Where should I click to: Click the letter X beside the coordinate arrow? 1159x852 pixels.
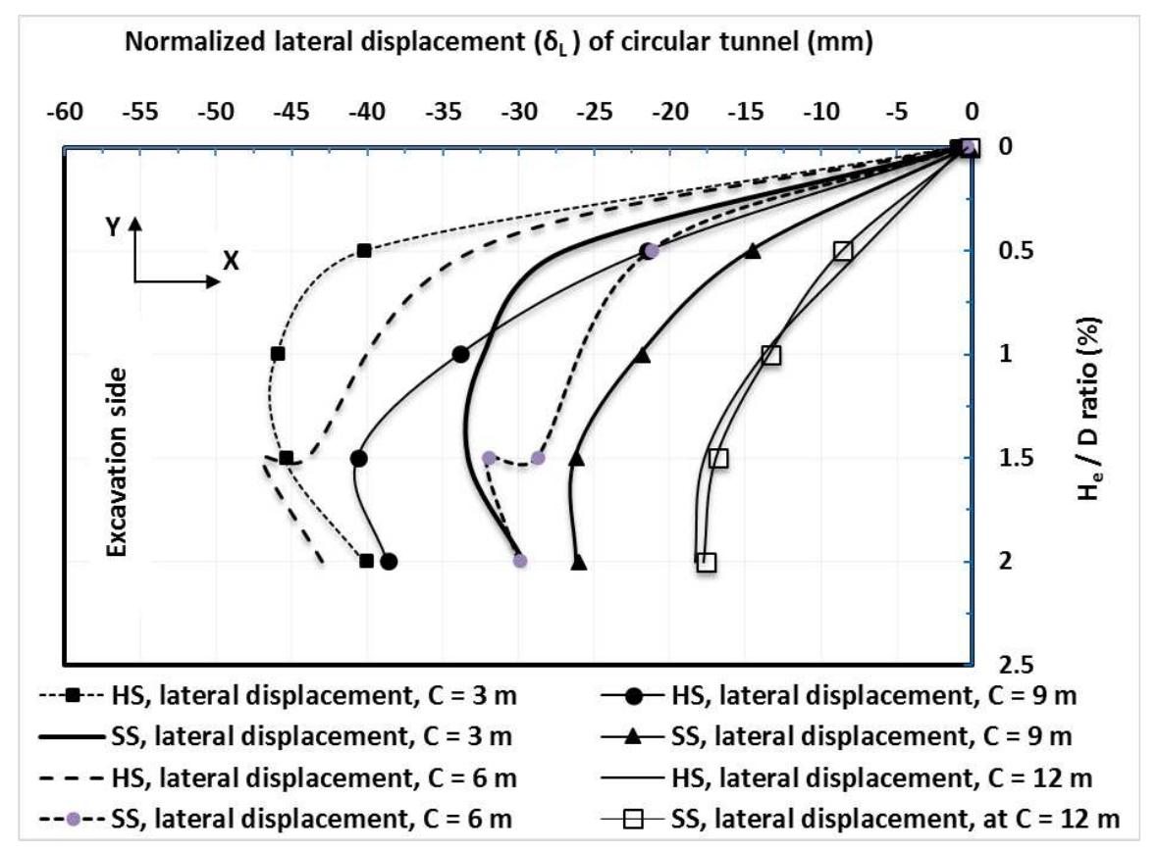(231, 261)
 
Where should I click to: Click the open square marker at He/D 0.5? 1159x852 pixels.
(842, 251)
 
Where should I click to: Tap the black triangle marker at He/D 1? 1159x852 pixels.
(643, 355)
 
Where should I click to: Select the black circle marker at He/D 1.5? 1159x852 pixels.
(359, 458)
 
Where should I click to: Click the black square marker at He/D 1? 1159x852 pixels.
(278, 353)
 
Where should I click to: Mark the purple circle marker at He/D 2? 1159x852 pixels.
(520, 561)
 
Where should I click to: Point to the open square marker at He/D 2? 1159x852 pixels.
(707, 562)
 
